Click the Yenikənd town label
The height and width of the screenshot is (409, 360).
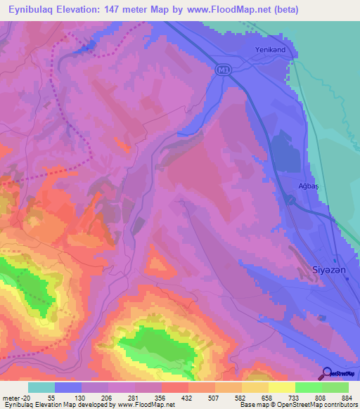[x=271, y=49]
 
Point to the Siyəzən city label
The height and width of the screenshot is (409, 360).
[x=327, y=269]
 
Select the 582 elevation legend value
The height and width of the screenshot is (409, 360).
[x=240, y=397]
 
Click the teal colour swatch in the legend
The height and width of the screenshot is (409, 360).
[x=41, y=387]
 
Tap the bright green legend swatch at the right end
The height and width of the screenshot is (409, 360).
[x=335, y=387]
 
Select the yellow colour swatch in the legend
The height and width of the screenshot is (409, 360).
[x=282, y=387]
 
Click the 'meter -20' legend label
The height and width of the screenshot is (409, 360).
[x=14, y=397]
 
